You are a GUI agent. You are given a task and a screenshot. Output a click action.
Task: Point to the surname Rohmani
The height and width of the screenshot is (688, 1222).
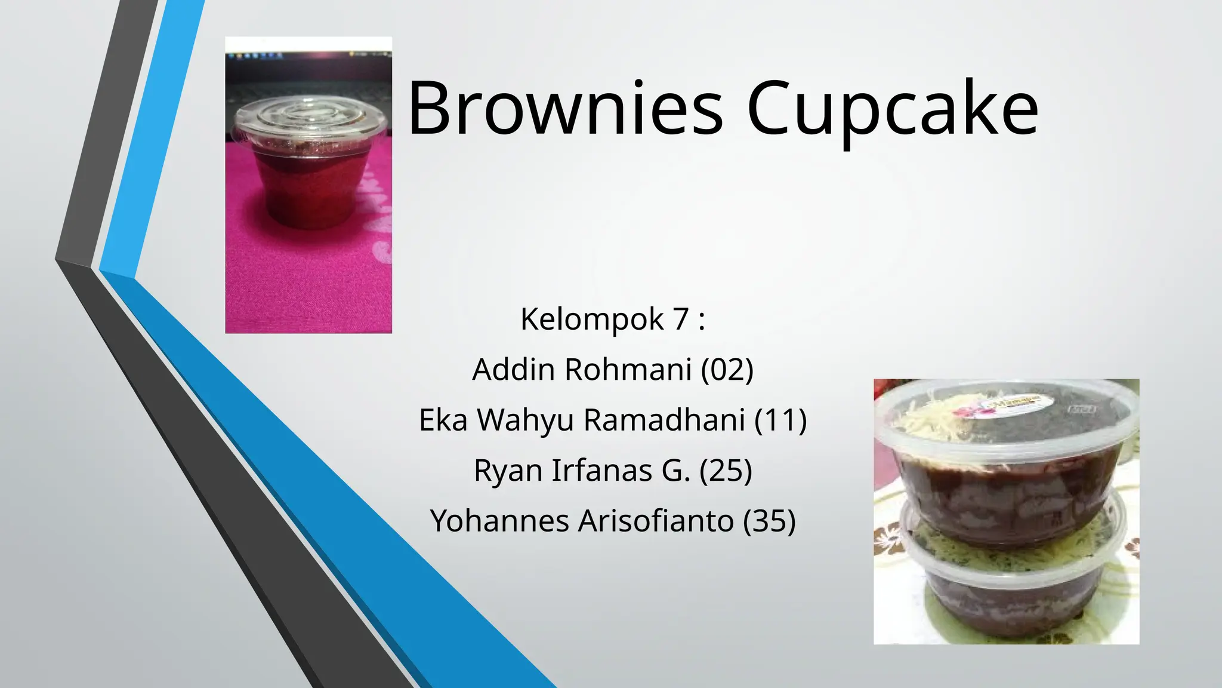(x=628, y=369)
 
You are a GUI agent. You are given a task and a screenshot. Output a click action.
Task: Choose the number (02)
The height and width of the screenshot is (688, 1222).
(x=727, y=369)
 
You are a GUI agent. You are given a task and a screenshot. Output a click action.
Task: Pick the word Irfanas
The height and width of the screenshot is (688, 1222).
(x=601, y=470)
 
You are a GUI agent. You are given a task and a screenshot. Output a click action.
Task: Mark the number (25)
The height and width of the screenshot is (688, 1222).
(x=726, y=470)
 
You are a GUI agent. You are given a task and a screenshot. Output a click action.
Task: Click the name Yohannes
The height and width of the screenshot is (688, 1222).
(x=499, y=520)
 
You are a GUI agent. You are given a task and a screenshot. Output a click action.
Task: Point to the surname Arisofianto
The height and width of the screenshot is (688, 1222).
(x=656, y=520)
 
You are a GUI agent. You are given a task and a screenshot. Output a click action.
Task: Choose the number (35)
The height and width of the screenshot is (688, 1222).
(x=770, y=520)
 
